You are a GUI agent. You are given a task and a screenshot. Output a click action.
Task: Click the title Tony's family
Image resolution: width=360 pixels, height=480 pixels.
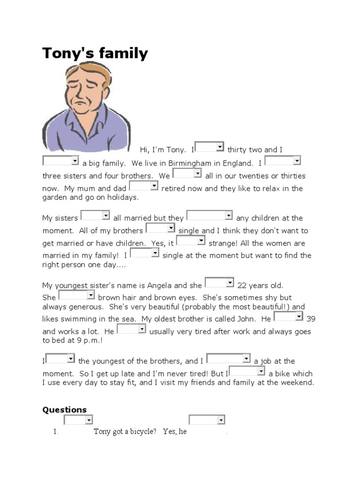click(x=95, y=53)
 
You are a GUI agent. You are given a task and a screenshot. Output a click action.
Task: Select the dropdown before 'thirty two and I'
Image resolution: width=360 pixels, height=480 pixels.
click(x=210, y=147)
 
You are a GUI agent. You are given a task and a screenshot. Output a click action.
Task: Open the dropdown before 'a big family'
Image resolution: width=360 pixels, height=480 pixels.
click(x=61, y=161)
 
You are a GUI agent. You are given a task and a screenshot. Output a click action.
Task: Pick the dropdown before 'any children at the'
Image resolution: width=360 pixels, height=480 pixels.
click(x=210, y=216)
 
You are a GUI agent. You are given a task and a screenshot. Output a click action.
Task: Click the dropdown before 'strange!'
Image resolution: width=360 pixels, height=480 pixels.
click(x=191, y=241)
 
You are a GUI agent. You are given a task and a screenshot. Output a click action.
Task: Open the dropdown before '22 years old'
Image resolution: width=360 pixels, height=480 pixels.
click(x=219, y=283)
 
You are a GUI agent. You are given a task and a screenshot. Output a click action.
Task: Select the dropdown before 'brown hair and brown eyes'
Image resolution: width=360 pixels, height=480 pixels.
click(x=77, y=295)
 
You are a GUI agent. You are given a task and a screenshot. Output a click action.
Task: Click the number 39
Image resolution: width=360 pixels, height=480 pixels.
click(x=311, y=319)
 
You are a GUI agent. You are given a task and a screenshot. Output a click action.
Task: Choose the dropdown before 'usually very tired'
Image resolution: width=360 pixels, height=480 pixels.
click(x=132, y=329)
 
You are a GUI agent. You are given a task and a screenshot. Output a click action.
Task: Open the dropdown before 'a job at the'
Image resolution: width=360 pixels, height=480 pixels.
click(x=228, y=359)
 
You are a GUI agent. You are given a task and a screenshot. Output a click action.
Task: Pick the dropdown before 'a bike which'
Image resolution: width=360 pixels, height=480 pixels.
click(x=247, y=371)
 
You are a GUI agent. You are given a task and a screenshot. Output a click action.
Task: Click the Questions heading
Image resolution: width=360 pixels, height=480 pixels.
click(x=65, y=410)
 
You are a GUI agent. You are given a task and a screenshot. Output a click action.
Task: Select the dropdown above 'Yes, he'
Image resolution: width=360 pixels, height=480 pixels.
click(x=207, y=420)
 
